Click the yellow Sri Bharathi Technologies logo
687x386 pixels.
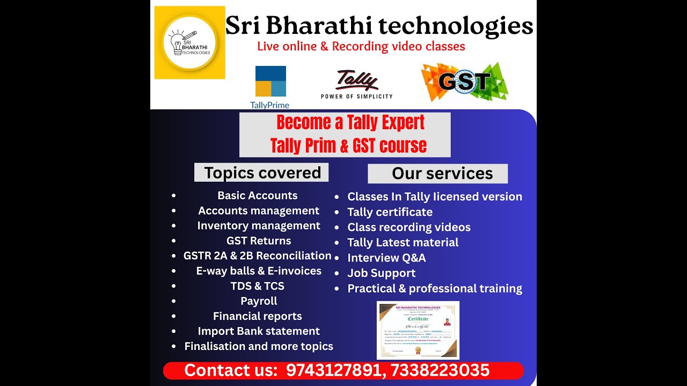tap(189, 43)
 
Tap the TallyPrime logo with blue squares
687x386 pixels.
tap(270, 86)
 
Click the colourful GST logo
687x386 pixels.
tap(464, 82)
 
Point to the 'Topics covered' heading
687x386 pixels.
tap(262, 173)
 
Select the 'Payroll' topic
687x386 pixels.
tap(259, 301)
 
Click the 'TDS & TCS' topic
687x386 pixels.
tap(258, 286)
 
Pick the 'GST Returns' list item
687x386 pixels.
tap(259, 241)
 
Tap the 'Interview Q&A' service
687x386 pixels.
tap(386, 258)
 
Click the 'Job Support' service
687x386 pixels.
tap(381, 273)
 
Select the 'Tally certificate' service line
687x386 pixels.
tap(390, 212)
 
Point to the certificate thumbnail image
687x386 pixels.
tap(418, 330)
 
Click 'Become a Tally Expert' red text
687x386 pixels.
tap(350, 123)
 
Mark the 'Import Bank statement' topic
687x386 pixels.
tap(259, 331)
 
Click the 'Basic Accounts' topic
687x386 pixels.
tap(258, 196)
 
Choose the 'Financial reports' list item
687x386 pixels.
tap(258, 316)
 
